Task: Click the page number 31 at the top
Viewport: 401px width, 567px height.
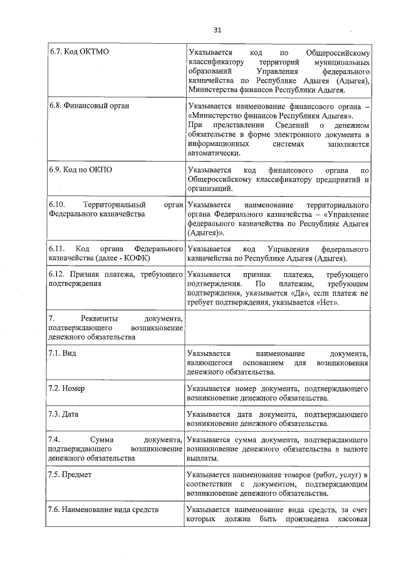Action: click(x=218, y=29)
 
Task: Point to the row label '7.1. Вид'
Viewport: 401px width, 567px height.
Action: click(x=63, y=353)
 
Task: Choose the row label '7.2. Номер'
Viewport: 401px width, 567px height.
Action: click(x=67, y=388)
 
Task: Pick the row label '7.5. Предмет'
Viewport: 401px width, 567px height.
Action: click(x=70, y=474)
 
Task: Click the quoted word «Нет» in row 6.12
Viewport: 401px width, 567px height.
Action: click(x=330, y=303)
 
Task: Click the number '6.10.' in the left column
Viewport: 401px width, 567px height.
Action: click(x=58, y=205)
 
